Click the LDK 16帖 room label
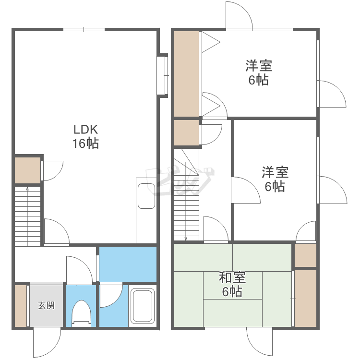tap(85, 136)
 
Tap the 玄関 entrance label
tap(47, 305)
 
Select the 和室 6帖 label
tap(232, 284)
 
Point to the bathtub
tap(143, 305)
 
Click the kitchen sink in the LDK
tap(146, 196)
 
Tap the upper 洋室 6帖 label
tap(259, 72)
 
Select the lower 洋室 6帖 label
tap(275, 179)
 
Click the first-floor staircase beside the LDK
tap(28, 216)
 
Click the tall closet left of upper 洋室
tap(186, 73)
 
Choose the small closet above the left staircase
tap(27, 170)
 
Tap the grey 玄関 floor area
tap(47, 312)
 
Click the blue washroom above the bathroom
tap(128, 264)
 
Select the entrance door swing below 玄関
tap(47, 344)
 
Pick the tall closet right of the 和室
tap(305, 299)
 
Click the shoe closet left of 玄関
tap(21, 306)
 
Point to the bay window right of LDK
tap(163, 75)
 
